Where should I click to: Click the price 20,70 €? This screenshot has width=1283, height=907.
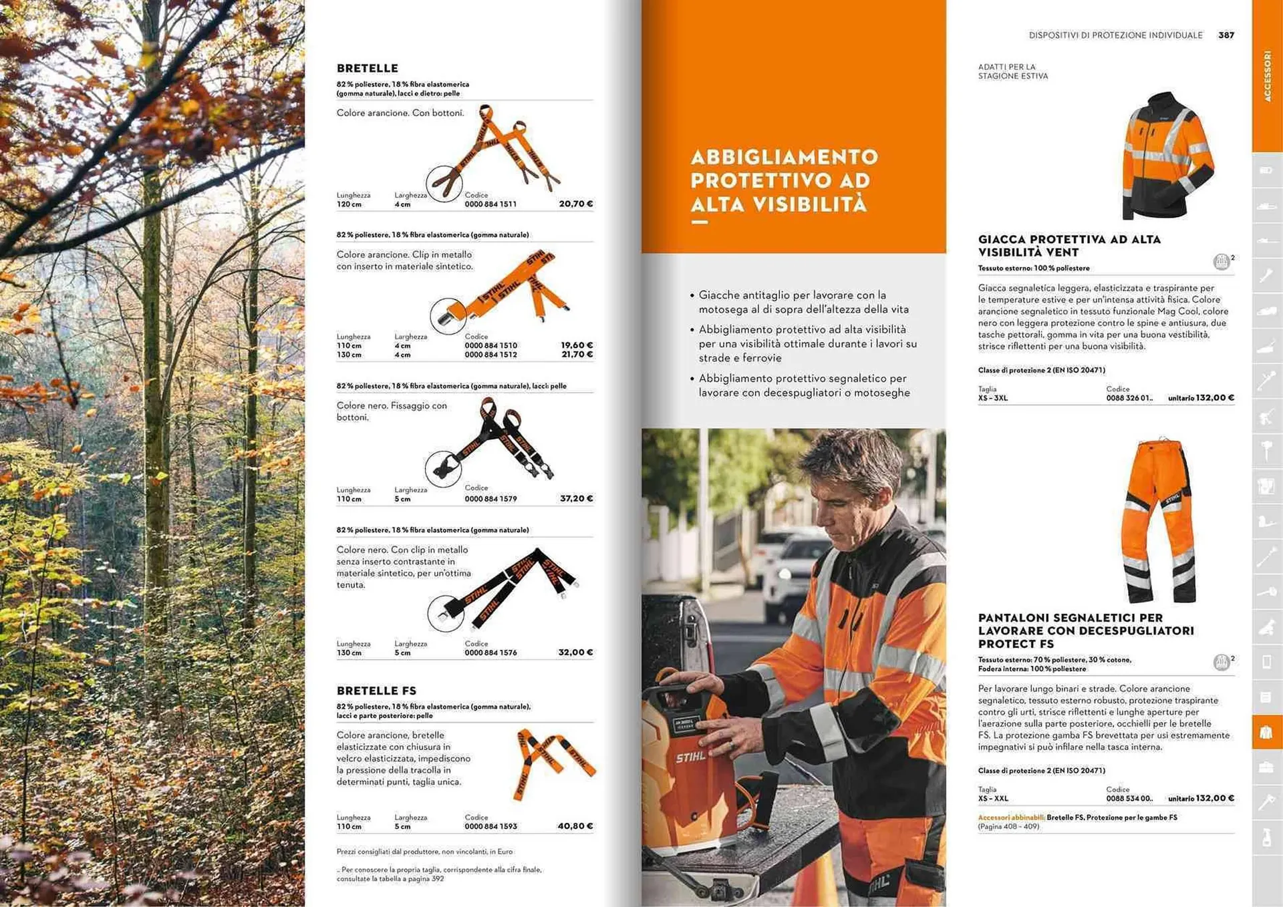pyautogui.click(x=575, y=204)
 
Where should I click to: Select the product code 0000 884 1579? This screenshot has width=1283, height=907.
pyautogui.click(x=490, y=499)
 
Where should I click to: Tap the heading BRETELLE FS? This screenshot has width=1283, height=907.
pyautogui.click(x=376, y=691)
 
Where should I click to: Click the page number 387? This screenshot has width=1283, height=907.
pyautogui.click(x=1226, y=35)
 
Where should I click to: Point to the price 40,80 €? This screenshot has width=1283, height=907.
pyautogui.click(x=575, y=826)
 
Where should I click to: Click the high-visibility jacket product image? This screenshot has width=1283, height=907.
pyautogui.click(x=1167, y=156)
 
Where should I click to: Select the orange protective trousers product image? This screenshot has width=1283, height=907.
pyautogui.click(x=1159, y=521)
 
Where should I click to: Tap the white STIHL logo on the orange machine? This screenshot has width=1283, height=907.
pyautogui.click(x=690, y=757)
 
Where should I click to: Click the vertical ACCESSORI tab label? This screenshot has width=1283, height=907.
pyautogui.click(x=1267, y=76)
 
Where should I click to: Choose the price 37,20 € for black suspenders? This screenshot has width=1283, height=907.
pyautogui.click(x=576, y=499)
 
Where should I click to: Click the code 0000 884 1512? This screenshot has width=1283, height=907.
pyautogui.click(x=490, y=355)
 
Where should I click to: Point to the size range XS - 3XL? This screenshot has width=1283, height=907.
pyautogui.click(x=992, y=398)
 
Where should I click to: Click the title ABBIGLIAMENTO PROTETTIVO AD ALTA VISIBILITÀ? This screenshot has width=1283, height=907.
pyautogui.click(x=784, y=180)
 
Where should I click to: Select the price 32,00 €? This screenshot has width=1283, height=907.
pyautogui.click(x=575, y=653)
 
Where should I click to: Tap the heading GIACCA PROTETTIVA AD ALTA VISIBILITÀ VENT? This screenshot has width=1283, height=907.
pyautogui.click(x=1069, y=246)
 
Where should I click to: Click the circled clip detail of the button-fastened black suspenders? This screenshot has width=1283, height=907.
pyautogui.click(x=443, y=468)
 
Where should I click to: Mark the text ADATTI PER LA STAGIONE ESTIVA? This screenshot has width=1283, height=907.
pyautogui.click(x=1012, y=71)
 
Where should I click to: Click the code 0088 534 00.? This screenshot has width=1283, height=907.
pyautogui.click(x=1129, y=799)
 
